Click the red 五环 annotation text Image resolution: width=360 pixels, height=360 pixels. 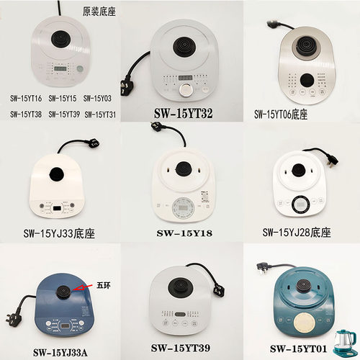(x=103, y=285)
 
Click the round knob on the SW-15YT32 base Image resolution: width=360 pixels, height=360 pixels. (x=186, y=90)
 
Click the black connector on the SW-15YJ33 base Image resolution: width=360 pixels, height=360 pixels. (x=56, y=175)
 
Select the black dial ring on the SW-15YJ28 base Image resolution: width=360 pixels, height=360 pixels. (x=302, y=204)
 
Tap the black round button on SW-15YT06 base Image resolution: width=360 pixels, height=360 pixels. (x=308, y=80)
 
